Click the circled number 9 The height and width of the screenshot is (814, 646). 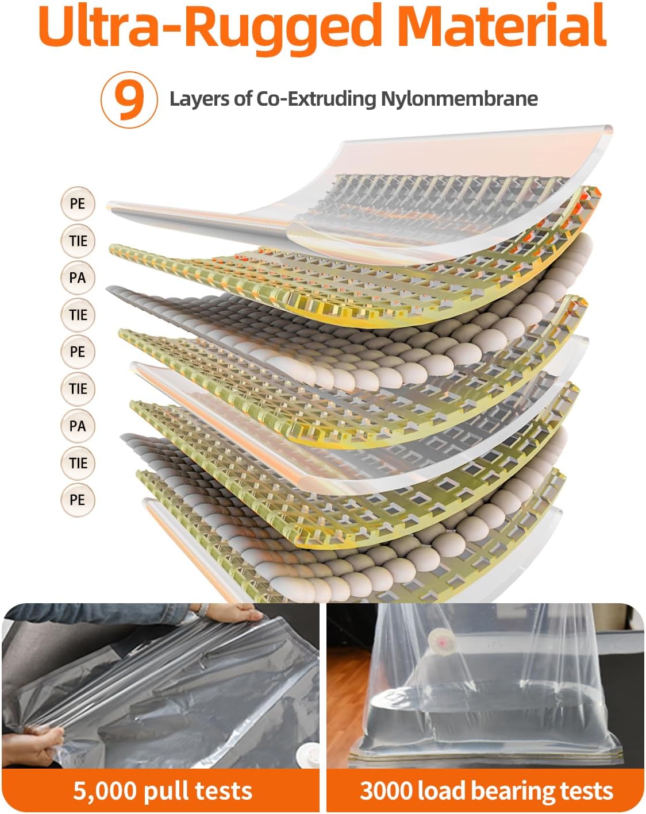click(x=129, y=99)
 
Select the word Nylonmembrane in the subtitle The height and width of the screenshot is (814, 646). click(x=459, y=99)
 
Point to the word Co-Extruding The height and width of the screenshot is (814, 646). click(x=316, y=99)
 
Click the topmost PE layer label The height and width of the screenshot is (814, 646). click(x=78, y=203)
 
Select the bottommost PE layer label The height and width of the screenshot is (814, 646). click(x=78, y=500)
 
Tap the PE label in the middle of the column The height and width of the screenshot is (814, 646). click(x=78, y=352)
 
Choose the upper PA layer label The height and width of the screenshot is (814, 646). click(x=78, y=277)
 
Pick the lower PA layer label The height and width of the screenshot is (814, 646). click(x=78, y=426)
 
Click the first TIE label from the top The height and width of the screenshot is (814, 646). click(x=78, y=241)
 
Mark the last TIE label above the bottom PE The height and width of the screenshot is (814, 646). click(x=78, y=463)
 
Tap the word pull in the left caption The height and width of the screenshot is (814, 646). click(x=169, y=790)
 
